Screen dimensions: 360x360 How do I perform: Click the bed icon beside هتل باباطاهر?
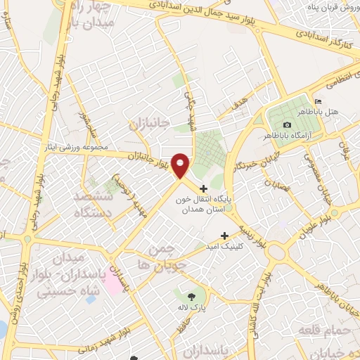point(318,102)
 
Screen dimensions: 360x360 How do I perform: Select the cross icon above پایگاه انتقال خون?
point(204,188)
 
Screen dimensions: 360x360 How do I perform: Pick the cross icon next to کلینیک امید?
point(224,236)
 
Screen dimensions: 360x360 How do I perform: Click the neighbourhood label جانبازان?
point(149,124)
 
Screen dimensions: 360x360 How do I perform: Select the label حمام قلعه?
point(318,330)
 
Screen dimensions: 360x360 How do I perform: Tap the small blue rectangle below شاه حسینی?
point(90,300)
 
